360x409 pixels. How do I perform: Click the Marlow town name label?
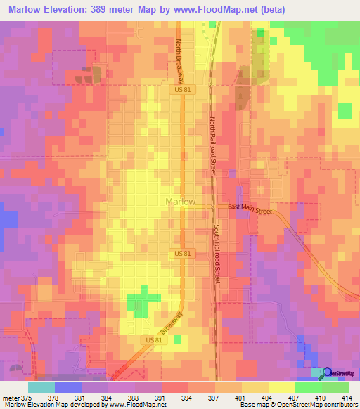coord(181,202)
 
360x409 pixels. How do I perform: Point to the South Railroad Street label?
coord(217,254)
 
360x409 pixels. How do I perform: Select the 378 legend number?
coord(69,397)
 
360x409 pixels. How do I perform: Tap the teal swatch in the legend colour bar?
coord(41,387)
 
